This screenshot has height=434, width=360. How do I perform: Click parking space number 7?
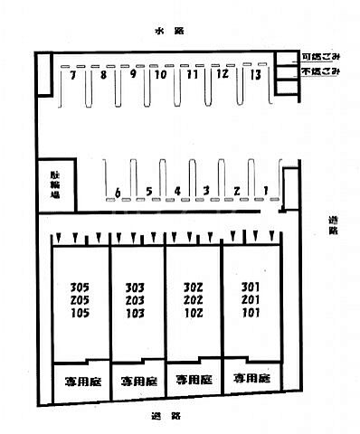pyautogui.click(x=71, y=76)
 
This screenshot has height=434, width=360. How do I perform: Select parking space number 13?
pyautogui.click(x=256, y=76)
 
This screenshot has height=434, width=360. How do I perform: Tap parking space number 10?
pyautogui.click(x=161, y=76)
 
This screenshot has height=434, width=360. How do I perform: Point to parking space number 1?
pyautogui.click(x=266, y=190)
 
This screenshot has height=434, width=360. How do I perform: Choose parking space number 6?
pyautogui.click(x=118, y=192)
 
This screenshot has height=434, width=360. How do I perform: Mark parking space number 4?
pyautogui.click(x=178, y=191)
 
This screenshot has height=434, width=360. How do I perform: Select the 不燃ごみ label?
pyautogui.click(x=321, y=70)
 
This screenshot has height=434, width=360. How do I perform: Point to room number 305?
pyautogui.click(x=80, y=288)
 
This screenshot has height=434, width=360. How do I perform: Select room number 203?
pyautogui.click(x=136, y=301)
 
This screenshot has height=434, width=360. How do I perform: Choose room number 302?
pyautogui.click(x=192, y=288)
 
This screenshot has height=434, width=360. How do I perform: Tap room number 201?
pyautogui.click(x=251, y=300)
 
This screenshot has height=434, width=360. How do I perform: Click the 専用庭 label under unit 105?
pyautogui.click(x=81, y=381)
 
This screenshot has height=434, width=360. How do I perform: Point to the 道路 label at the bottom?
pyautogui.click(x=165, y=417)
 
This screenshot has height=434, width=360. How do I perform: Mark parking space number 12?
pyautogui.click(x=222, y=76)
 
